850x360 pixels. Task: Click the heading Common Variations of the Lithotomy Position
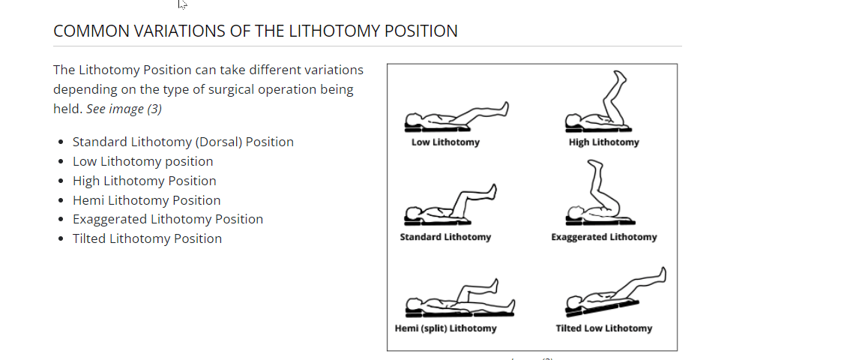click(255, 31)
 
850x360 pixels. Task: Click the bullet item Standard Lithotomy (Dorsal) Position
click(183, 142)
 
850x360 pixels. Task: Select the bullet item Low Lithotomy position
click(142, 161)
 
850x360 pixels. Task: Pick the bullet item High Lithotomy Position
click(144, 181)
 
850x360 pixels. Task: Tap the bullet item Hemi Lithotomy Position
click(146, 200)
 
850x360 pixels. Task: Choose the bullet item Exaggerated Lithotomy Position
click(167, 219)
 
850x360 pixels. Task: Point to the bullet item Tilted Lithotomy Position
click(147, 238)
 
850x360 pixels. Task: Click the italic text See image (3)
click(124, 109)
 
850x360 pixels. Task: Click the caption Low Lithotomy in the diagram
click(445, 142)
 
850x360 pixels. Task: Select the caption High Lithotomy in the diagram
click(603, 142)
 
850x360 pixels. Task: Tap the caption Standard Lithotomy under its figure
click(445, 237)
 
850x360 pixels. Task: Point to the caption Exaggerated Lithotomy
click(603, 237)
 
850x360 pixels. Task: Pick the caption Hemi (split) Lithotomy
click(445, 328)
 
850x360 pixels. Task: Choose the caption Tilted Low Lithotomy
click(603, 328)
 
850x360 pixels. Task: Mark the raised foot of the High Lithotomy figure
click(619, 78)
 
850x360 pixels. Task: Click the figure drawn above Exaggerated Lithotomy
click(600, 199)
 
